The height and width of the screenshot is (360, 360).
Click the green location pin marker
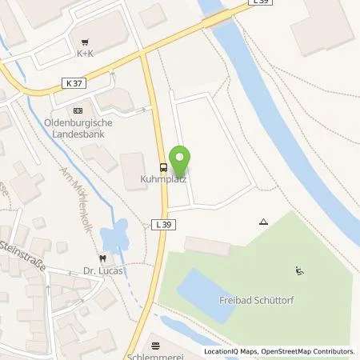(x=182, y=158)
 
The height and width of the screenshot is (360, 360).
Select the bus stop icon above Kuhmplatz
(x=163, y=167)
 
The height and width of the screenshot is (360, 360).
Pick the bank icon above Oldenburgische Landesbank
(x=77, y=110)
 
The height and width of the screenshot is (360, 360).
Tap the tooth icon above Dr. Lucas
(x=102, y=258)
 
